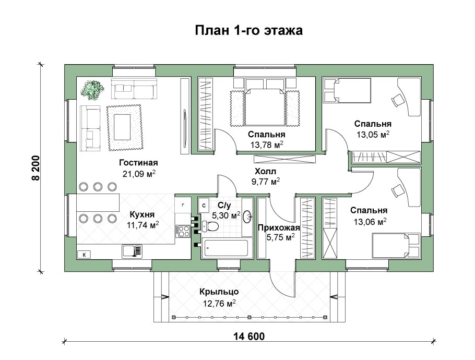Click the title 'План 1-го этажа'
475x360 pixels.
pos(248,31)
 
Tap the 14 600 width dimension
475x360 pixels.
pos(246,337)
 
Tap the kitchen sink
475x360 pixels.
pos(130,251)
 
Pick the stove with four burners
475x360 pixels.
pos(183,231)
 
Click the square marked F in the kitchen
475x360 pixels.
pos(183,205)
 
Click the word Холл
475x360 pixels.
pos(265,171)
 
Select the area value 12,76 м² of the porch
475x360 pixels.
pos(219,302)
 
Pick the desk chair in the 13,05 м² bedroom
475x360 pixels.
pos(397,100)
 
